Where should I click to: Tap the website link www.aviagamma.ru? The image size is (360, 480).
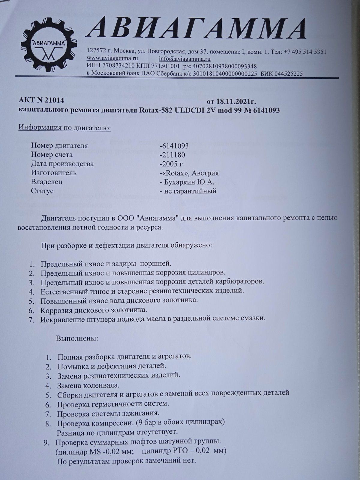point(112,58)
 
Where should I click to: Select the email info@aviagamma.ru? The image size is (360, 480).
point(184,58)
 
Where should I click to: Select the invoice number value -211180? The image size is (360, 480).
point(173,155)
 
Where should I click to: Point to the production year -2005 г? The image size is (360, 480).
point(172,164)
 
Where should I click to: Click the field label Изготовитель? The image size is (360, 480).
point(54,173)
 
